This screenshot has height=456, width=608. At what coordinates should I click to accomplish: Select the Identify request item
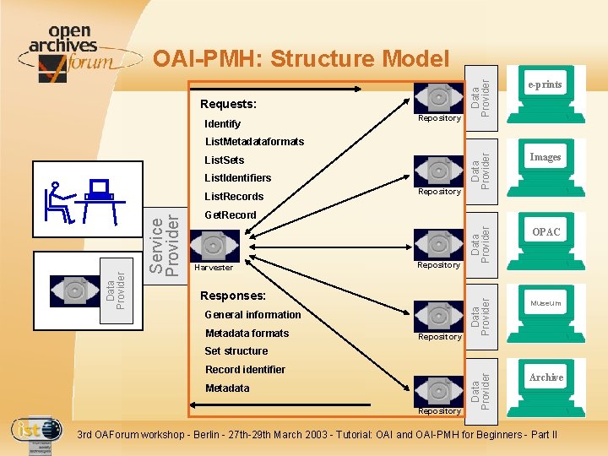(223, 124)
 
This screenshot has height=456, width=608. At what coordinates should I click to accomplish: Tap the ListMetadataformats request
(254, 142)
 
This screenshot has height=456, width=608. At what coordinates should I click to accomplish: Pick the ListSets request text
(225, 160)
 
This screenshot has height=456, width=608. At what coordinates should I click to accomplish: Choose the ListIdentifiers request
(238, 178)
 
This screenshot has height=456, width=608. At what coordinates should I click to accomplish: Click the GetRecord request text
(231, 214)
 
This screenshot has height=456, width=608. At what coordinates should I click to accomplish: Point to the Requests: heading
(228, 105)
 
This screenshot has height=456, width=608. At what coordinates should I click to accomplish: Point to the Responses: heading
(233, 296)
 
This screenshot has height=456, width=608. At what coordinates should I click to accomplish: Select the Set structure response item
(236, 351)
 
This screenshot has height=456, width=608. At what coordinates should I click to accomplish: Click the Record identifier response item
(245, 370)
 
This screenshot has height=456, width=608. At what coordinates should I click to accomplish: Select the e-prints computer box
(545, 90)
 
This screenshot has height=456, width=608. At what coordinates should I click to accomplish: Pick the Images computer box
(545, 161)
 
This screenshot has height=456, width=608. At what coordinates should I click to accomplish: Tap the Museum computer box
(546, 307)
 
